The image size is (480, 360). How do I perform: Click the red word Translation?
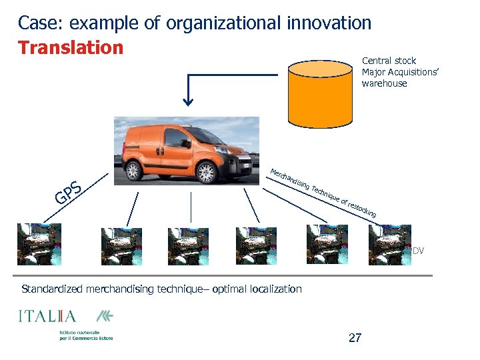(71, 48)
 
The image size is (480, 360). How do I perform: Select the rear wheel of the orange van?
(134, 169)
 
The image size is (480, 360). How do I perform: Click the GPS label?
(68, 191)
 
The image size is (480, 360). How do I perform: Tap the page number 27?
(355, 338)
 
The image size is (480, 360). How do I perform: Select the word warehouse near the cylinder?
(384, 83)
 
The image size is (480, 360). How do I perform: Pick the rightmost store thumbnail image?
(390, 245)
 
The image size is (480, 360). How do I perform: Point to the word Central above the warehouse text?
(376, 61)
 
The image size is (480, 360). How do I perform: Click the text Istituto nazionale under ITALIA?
(79, 332)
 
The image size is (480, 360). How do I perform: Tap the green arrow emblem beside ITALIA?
(105, 316)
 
